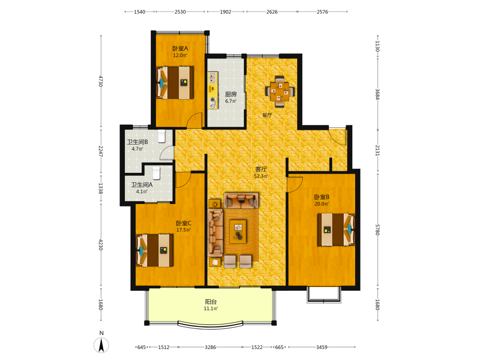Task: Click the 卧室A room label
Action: pyautogui.click(x=180, y=48)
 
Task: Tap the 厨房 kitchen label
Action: pyautogui.click(x=231, y=94)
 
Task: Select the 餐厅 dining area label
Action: pyautogui.click(x=267, y=115)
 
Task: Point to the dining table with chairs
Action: pyautogui.click(x=280, y=92)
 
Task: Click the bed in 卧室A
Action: pyautogui.click(x=175, y=83)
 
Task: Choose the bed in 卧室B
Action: pyautogui.click(x=336, y=229)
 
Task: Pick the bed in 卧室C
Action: pyautogui.click(x=155, y=251)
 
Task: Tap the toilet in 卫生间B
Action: pyautogui.click(x=161, y=136)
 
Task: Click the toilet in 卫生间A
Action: pyautogui.click(x=156, y=173)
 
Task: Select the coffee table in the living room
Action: pyautogui.click(x=238, y=231)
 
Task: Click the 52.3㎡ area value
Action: pyautogui.click(x=261, y=176)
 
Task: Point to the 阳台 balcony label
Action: pyautogui.click(x=211, y=302)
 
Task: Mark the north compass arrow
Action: pyautogui.click(x=101, y=345)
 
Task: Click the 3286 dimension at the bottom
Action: pyautogui.click(x=210, y=347)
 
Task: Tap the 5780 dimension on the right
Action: pyautogui.click(x=377, y=229)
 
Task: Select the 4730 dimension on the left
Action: pyautogui.click(x=100, y=81)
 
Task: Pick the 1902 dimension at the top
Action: pyautogui.click(x=226, y=12)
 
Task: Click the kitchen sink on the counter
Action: pyautogui.click(x=213, y=78)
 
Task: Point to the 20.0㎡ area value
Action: pyautogui.click(x=322, y=204)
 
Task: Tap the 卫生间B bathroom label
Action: pyautogui.click(x=137, y=142)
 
